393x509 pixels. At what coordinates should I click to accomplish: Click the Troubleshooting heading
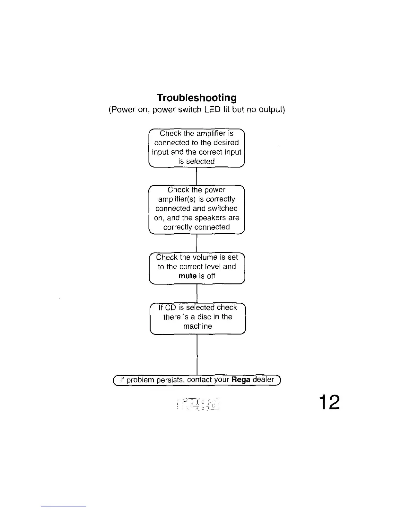[x=197, y=98]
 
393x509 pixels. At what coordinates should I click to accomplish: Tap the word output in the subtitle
[x=270, y=110]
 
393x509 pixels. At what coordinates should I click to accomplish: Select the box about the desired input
[x=197, y=147]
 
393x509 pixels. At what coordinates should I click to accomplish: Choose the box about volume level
[x=197, y=268]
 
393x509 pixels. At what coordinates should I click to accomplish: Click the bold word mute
[x=188, y=276]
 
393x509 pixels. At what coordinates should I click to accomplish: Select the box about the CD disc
[x=197, y=318]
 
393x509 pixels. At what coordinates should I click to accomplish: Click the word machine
[x=197, y=326]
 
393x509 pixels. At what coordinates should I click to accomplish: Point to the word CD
[x=170, y=308]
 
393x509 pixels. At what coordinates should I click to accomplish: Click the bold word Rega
[x=241, y=380]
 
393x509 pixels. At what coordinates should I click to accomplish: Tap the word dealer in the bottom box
[x=263, y=380]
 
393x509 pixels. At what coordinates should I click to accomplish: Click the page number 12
[x=329, y=402]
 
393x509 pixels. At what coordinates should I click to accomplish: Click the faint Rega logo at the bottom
[x=198, y=404]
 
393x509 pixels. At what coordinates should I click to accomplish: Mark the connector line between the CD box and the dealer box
[x=197, y=355]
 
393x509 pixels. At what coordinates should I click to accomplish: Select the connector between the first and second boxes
[x=197, y=176]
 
